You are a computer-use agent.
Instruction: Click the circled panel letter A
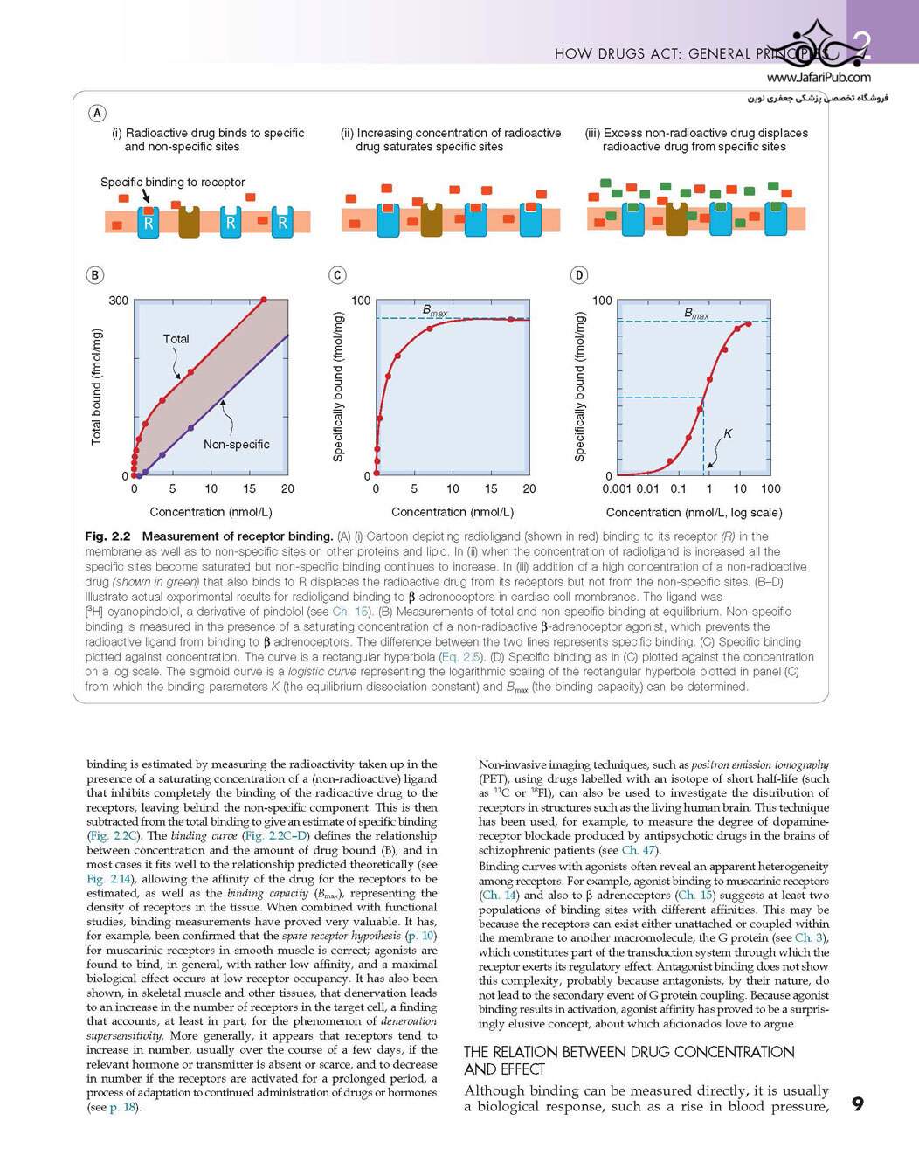tap(97, 113)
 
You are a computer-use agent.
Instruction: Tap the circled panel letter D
tap(579, 275)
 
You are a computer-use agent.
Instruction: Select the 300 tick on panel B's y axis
tap(119, 301)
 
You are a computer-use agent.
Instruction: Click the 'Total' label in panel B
tap(176, 339)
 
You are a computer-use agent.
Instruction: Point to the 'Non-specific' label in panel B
tap(237, 445)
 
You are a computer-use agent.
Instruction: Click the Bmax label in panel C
tap(435, 311)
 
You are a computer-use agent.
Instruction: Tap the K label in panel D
tap(728, 433)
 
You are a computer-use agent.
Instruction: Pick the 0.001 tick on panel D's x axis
tap(617, 488)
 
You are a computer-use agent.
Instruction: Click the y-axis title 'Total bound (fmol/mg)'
tap(96, 386)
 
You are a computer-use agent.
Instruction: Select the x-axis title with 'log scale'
tap(694, 513)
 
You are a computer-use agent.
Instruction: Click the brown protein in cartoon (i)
tap(189, 221)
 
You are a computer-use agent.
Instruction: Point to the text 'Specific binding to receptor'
tap(173, 183)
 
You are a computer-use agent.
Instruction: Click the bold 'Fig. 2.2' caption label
tap(107, 536)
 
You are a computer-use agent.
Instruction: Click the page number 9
tap(857, 1104)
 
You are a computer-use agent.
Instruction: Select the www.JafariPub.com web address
tap(819, 78)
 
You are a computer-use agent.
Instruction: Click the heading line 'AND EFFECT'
tap(504, 1069)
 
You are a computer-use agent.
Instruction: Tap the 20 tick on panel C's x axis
tap(529, 488)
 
